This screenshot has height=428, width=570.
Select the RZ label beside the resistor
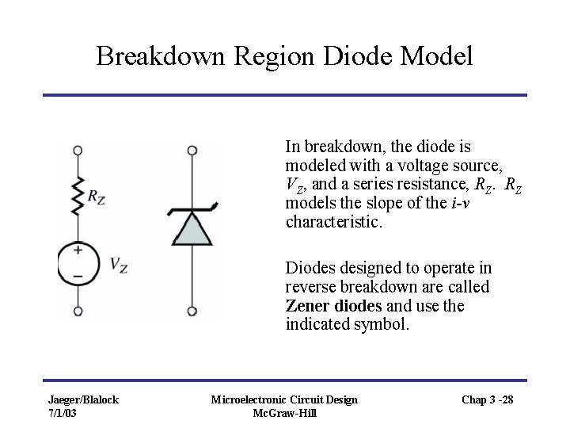[x=97, y=197]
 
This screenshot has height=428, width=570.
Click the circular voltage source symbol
[x=78, y=263]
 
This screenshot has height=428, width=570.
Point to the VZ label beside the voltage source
[x=119, y=265]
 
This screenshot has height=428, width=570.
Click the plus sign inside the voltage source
[x=78, y=250]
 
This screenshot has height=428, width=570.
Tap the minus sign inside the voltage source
[x=78, y=275]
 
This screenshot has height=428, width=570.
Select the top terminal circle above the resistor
[x=78, y=150]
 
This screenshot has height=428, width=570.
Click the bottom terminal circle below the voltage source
[x=78, y=311]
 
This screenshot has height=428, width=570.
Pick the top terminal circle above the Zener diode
[x=192, y=150]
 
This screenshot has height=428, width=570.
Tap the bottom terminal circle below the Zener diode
[x=192, y=311]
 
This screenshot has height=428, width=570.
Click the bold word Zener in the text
[x=306, y=306]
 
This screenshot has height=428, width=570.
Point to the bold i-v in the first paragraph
[x=461, y=204]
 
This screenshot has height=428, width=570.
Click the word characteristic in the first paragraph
[x=332, y=223]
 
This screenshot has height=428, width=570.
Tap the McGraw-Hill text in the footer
[x=284, y=413]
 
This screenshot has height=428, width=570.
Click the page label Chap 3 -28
[x=488, y=399]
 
